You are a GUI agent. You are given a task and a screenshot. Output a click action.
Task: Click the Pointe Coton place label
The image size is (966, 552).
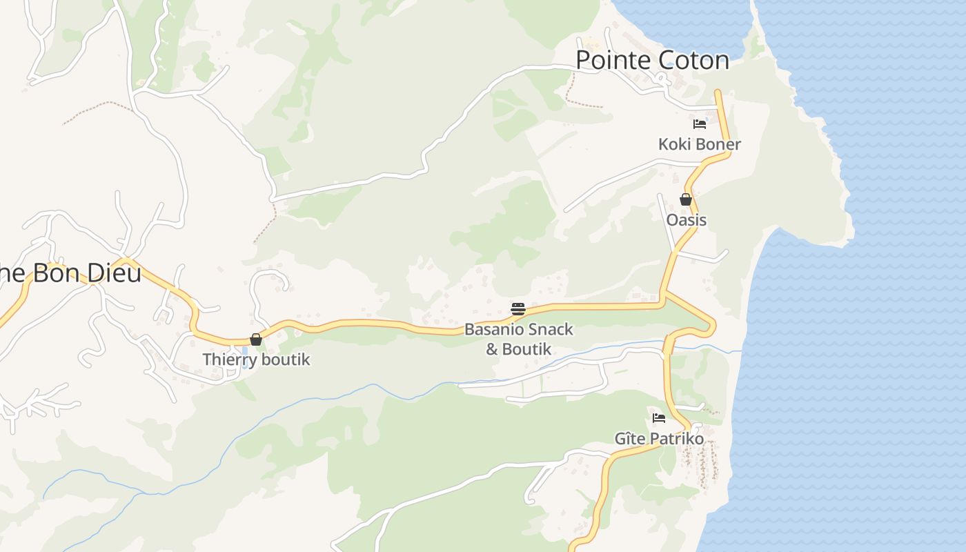click(x=652, y=60)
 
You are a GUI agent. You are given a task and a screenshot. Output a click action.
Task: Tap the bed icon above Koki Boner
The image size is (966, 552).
click(x=700, y=124)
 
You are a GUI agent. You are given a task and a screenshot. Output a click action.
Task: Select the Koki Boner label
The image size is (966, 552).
click(x=699, y=144)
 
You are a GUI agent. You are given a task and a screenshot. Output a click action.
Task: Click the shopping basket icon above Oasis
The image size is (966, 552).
click(x=685, y=200)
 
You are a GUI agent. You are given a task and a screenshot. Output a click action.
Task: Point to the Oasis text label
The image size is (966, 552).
click(x=687, y=220)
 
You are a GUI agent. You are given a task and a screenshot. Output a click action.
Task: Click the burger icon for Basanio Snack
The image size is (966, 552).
click(x=518, y=308)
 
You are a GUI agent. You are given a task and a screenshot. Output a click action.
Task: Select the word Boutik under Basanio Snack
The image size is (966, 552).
click(x=526, y=349)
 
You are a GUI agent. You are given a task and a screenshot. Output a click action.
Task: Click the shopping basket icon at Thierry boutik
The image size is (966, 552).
click(x=256, y=339)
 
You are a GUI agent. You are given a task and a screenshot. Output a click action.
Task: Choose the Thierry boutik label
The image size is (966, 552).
click(x=256, y=359)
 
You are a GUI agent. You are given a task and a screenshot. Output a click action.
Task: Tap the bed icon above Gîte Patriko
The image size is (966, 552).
click(x=659, y=418)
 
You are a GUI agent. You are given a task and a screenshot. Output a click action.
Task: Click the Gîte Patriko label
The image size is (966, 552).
click(x=659, y=439)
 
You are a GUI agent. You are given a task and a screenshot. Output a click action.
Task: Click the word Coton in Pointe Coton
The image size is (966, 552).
click(x=692, y=60)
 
